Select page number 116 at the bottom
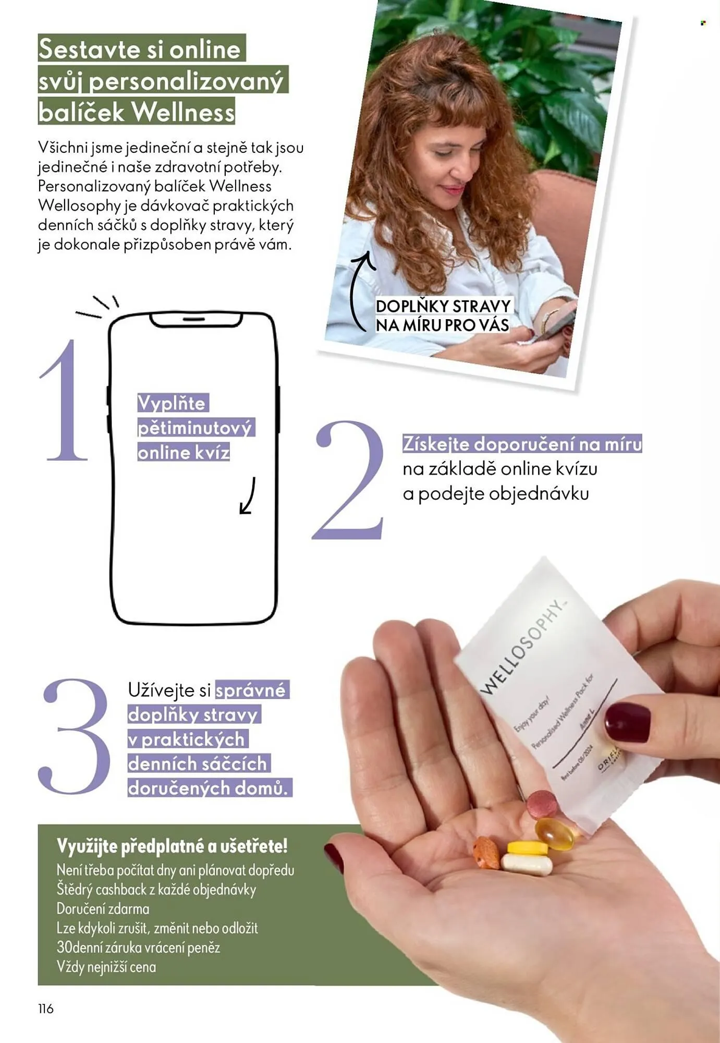[x=46, y=1009]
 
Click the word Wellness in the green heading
[x=182, y=112]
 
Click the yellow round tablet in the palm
[x=528, y=847]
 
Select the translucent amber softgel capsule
[x=556, y=833]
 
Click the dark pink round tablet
[x=542, y=805]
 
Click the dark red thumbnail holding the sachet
[x=628, y=722]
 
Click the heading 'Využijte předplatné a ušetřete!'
[x=172, y=846]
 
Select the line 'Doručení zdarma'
[x=103, y=909]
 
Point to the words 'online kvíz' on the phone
[x=184, y=453]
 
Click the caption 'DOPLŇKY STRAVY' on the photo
[x=443, y=306]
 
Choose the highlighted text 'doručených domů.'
[x=208, y=787]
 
